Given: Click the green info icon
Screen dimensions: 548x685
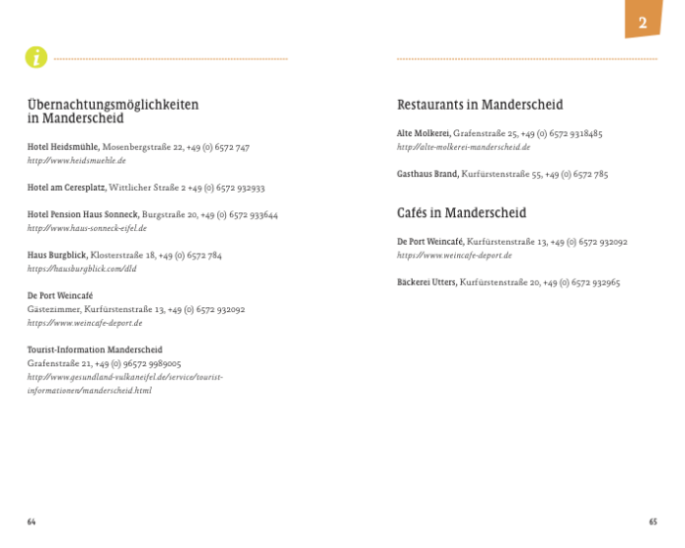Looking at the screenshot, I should (x=36, y=58).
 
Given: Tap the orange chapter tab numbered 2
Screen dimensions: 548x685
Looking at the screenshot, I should (x=642, y=20).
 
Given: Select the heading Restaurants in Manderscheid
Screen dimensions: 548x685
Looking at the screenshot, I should (x=479, y=105).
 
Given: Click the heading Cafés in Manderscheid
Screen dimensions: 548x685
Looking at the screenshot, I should (x=461, y=212).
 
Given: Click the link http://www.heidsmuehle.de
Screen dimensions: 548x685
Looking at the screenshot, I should (x=76, y=160).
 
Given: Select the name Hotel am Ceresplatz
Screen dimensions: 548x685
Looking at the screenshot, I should (x=67, y=187).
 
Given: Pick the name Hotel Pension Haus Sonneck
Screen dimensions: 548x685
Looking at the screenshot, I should (x=82, y=214).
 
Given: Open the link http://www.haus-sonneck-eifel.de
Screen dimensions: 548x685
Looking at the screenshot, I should (x=86, y=228).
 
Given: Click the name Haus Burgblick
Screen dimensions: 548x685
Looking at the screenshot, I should (x=57, y=255).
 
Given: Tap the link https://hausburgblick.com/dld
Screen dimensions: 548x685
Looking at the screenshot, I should (x=68, y=268).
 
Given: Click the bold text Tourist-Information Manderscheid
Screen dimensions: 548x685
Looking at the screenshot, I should (x=94, y=349).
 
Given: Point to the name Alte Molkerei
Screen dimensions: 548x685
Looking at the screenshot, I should (x=423, y=133).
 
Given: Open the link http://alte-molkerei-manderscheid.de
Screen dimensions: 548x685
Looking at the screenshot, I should (x=463, y=147).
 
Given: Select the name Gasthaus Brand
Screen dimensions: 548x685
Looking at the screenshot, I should (x=427, y=174).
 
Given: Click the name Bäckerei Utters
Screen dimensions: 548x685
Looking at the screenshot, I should (x=426, y=282).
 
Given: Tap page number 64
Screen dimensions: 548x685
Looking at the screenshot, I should (x=31, y=522).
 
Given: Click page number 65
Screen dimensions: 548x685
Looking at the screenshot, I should (x=653, y=522).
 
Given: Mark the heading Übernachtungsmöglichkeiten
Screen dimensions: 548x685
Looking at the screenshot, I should (x=113, y=104).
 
